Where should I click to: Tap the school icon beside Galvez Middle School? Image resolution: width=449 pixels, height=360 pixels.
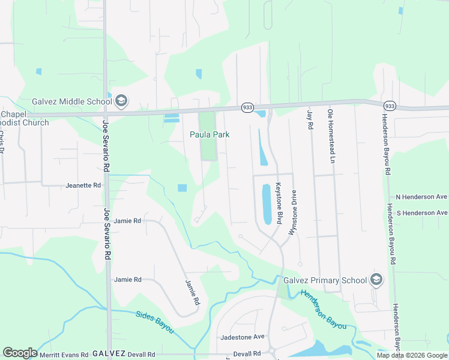[121, 100]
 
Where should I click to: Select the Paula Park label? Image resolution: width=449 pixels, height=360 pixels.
[209, 135]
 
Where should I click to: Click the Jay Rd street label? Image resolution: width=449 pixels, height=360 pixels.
[310, 120]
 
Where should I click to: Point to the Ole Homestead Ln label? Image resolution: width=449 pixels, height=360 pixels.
[331, 136]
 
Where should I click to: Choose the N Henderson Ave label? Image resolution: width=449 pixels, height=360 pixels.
[421, 197]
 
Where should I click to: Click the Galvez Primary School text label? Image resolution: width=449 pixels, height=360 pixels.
[325, 280]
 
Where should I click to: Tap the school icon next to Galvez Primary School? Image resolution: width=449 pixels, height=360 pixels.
[376, 280]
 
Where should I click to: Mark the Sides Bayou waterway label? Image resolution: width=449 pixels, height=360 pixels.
[154, 322]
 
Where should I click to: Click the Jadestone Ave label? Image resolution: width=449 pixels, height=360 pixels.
[243, 337]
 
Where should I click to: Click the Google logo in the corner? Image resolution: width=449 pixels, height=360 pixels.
[20, 353]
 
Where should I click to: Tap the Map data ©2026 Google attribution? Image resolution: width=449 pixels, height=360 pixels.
[412, 355]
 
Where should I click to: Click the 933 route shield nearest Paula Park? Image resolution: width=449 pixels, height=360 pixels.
[247, 107]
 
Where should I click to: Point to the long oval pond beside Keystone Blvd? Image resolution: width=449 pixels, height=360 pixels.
[267, 204]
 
